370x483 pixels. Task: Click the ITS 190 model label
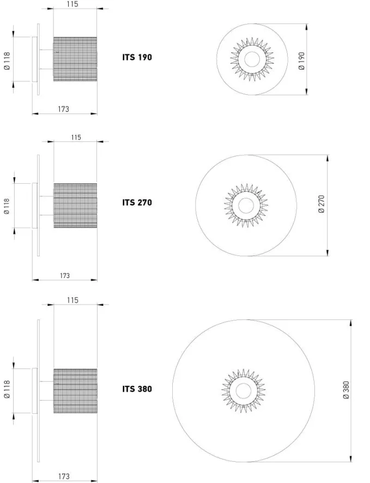137,58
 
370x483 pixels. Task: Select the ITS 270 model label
137,203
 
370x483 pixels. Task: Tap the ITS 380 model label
137,389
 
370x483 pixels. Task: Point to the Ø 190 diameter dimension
302,61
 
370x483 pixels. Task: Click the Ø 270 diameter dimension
322,204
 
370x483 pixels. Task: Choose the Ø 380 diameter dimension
347,390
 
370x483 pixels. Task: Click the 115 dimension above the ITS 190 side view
72,4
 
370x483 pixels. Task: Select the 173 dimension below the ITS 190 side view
64,109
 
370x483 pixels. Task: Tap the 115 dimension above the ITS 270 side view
76,137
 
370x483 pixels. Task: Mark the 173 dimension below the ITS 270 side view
65,276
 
